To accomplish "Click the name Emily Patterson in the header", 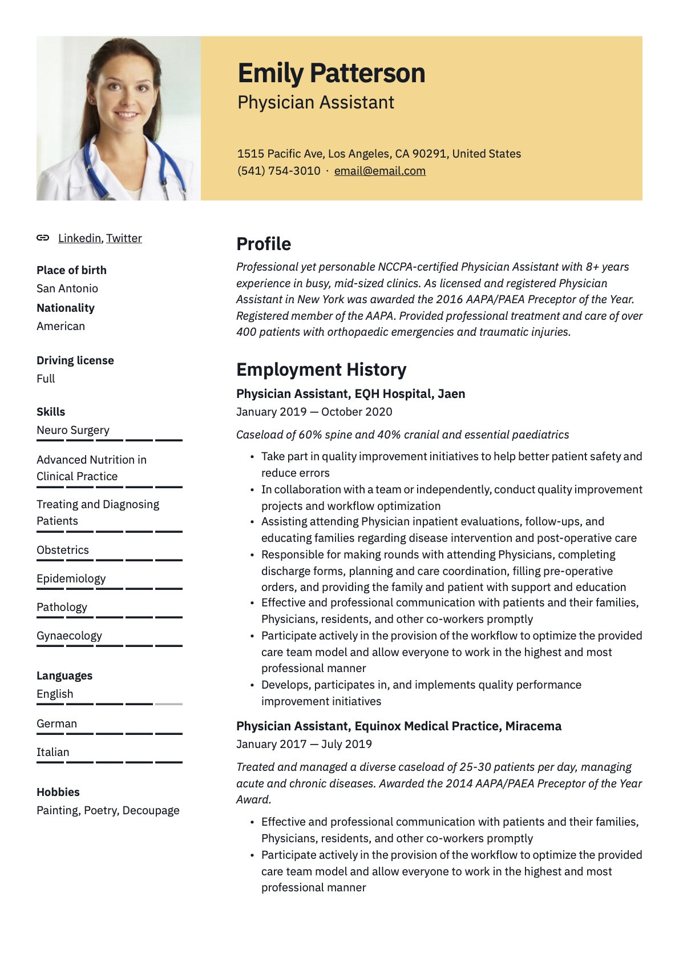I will coord(331,73).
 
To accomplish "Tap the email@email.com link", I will coord(379,171).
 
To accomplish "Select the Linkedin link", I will coord(79,238).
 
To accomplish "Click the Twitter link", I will coord(124,238).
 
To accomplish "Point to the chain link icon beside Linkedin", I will coord(43,238).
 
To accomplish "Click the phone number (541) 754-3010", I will coord(278,171).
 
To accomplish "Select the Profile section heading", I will coord(264,244).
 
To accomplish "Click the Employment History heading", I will coord(321,369).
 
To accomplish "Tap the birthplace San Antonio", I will coord(67,288).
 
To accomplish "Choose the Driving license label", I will coord(75,360).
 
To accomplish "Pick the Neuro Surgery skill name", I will coord(73,430).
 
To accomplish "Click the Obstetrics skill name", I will coord(63,550).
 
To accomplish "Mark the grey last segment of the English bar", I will coord(169,704).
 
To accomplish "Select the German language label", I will coord(56,723).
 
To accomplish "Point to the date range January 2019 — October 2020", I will coord(314,412).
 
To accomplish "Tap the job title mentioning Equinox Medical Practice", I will coord(398,726).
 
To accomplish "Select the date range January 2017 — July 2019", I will coord(304,744).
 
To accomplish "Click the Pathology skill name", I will coord(62,607).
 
